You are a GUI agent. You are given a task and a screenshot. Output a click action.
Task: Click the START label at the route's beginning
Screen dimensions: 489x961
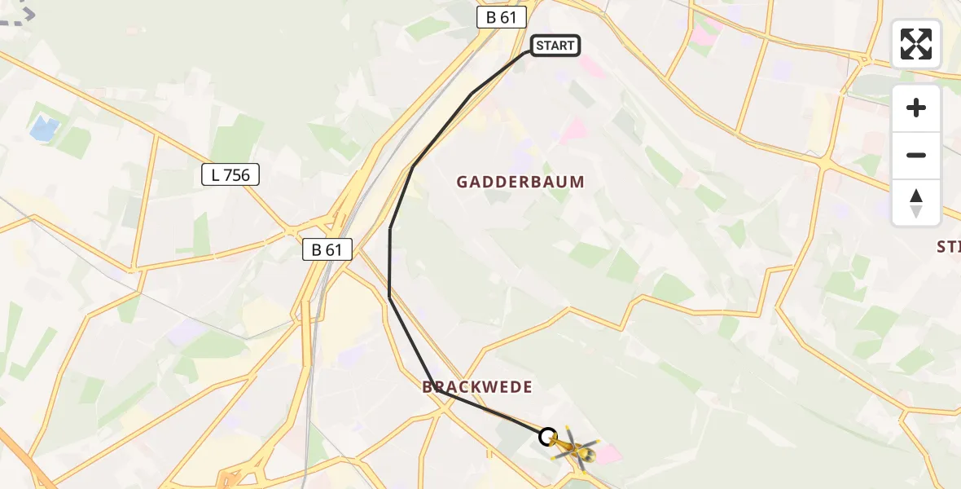[x=555, y=46]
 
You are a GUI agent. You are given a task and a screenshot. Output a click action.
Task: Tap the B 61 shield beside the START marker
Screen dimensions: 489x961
[x=502, y=17]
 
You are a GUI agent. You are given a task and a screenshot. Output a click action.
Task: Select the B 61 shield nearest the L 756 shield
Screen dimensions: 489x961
[x=327, y=249]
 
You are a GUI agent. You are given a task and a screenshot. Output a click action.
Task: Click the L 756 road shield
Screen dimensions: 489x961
[x=230, y=174]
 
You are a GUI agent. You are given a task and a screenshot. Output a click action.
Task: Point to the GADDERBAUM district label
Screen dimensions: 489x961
[x=520, y=182]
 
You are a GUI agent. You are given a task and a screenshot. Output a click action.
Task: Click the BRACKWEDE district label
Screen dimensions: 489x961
[x=477, y=387]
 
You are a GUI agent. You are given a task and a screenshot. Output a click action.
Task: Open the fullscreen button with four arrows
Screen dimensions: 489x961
[x=916, y=44]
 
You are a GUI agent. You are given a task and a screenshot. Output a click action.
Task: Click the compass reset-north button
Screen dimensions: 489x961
[x=916, y=203]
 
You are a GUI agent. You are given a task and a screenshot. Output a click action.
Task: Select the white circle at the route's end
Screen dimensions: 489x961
[x=548, y=436]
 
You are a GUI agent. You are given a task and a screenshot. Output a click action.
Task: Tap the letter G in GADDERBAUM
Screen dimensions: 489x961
[x=462, y=182]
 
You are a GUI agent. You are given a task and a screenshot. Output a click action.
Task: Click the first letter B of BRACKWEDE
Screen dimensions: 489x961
[x=428, y=387]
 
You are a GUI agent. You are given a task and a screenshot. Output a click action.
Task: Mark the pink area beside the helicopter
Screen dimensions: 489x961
[x=606, y=452]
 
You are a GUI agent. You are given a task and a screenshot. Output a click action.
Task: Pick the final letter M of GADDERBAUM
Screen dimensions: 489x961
[x=578, y=182]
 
